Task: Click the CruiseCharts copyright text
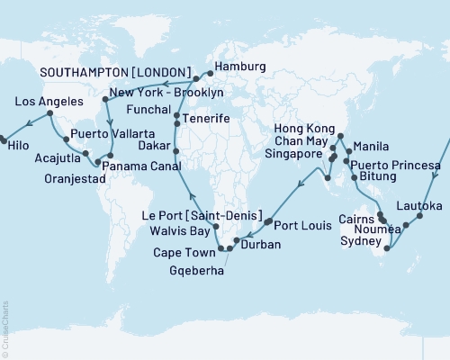point(4,328)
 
